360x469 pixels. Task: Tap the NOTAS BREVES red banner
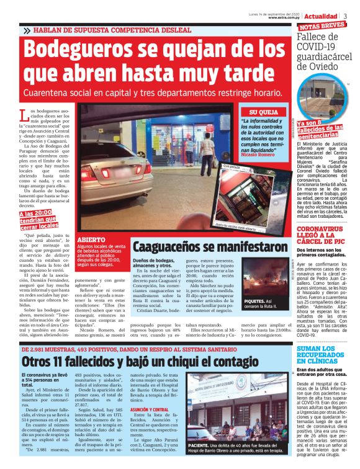tap(322, 26)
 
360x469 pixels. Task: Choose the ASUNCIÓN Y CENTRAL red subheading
tap(151, 410)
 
